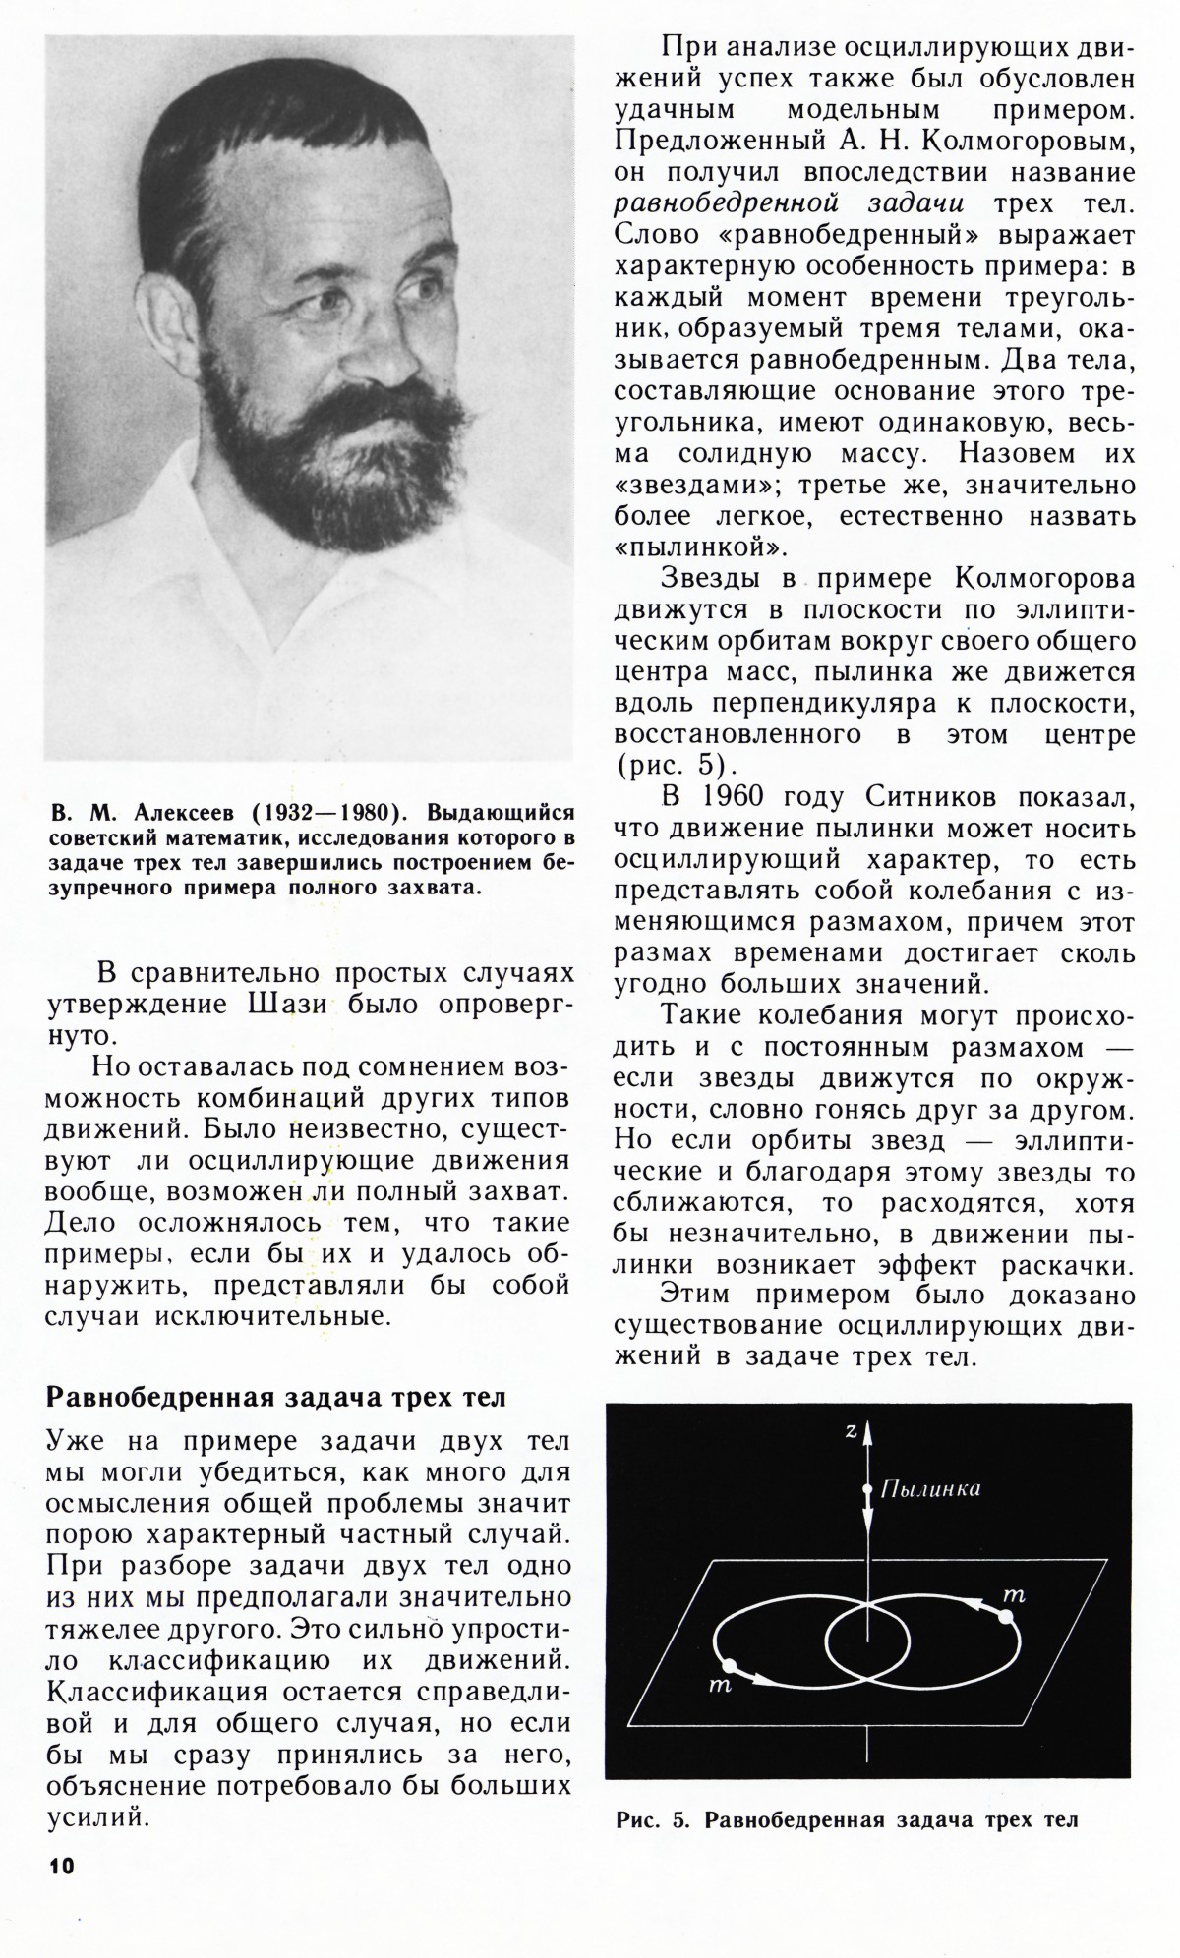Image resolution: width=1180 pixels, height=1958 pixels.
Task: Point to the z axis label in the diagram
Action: coord(851,1432)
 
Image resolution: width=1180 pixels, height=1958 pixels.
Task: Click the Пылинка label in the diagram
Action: coord(929,1489)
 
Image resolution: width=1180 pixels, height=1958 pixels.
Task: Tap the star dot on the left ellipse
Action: coord(729,1665)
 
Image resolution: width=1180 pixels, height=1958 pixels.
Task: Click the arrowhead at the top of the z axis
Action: coord(867,1433)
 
